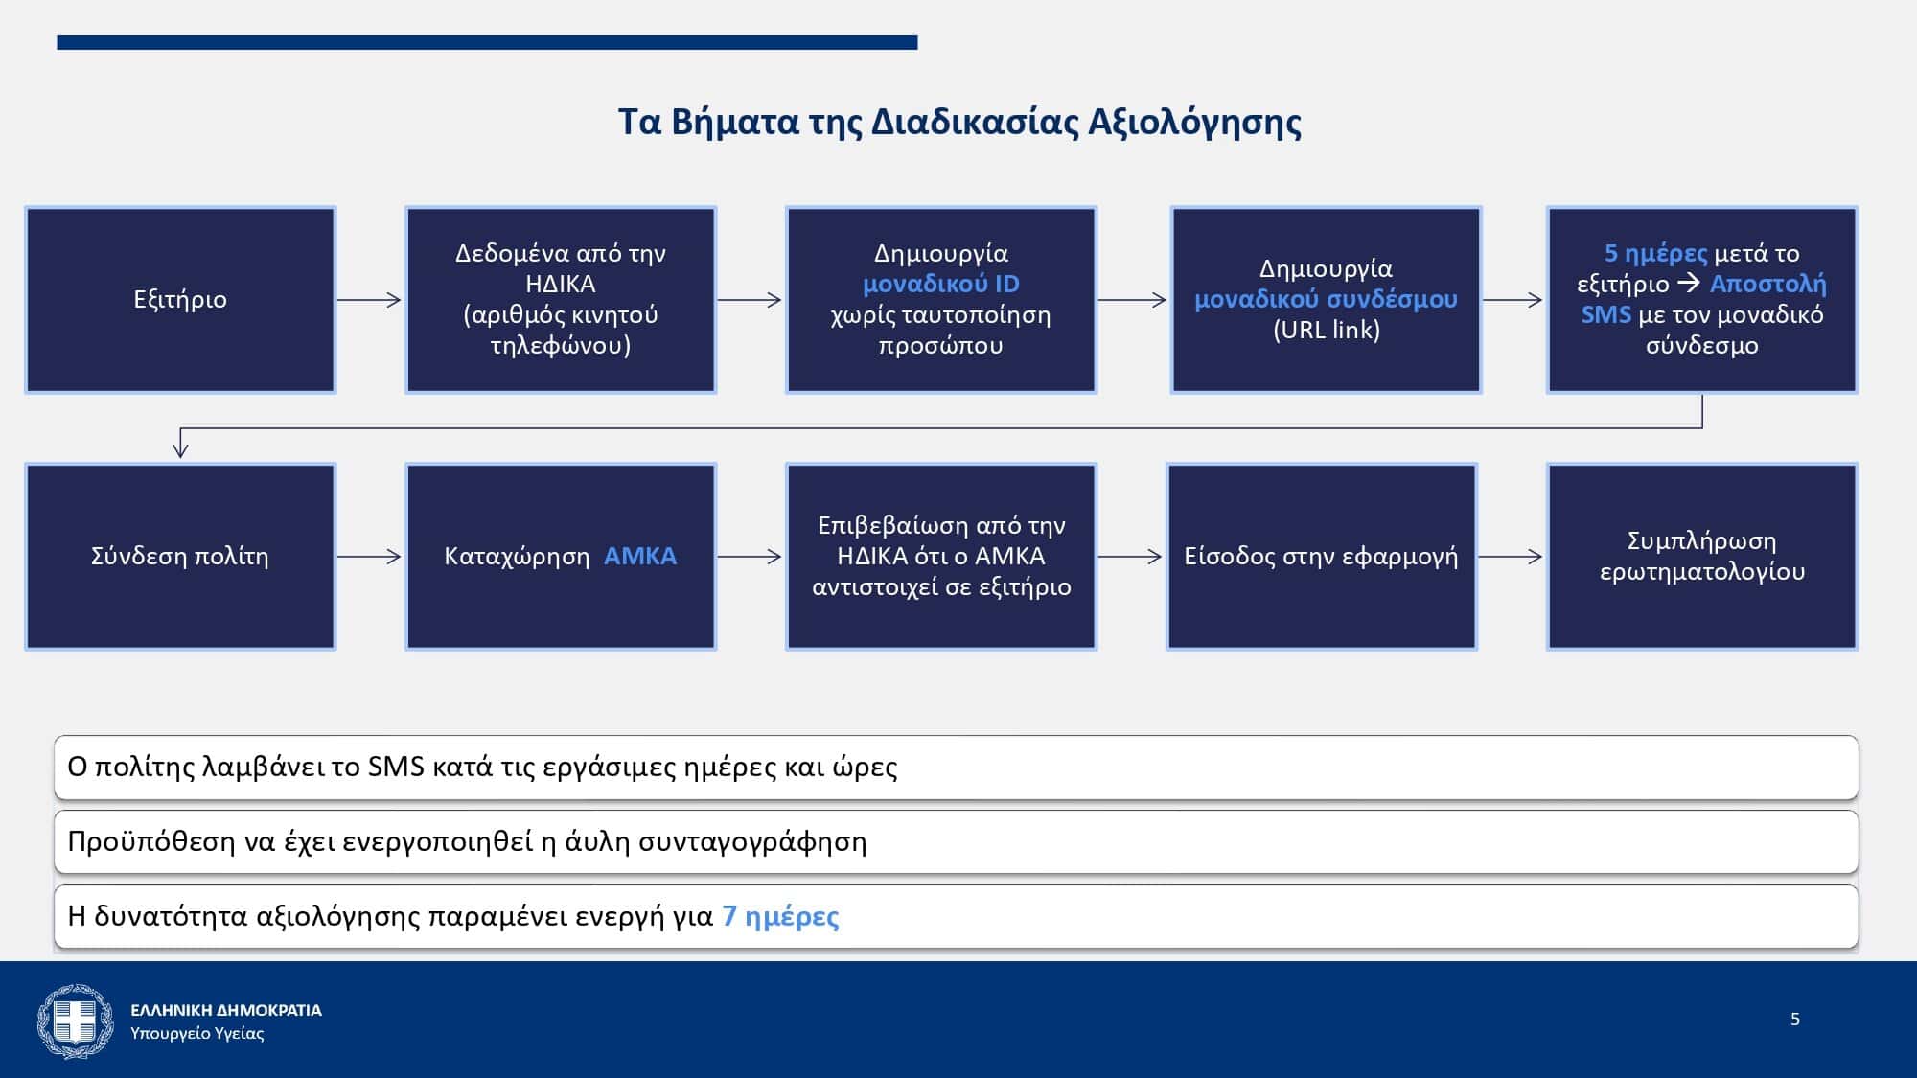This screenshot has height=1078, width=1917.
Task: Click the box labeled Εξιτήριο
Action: (180, 300)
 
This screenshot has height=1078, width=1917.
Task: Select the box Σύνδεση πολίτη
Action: (180, 557)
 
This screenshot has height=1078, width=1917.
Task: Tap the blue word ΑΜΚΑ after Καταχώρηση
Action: (640, 556)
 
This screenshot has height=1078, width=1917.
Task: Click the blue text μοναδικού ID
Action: (941, 284)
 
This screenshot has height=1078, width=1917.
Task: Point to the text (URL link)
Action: (1327, 330)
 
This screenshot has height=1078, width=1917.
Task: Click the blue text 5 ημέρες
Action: (1655, 253)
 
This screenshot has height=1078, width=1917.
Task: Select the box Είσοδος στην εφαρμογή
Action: (1322, 557)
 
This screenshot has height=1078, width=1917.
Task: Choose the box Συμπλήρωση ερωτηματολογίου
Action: (1702, 557)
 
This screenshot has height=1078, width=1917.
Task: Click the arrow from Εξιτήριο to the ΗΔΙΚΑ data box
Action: (369, 300)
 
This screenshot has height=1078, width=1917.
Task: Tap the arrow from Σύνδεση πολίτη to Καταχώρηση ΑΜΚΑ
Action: (369, 557)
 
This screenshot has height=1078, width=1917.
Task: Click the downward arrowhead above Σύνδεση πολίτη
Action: (180, 447)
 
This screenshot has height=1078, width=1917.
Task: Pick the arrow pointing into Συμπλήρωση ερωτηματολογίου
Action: (1511, 557)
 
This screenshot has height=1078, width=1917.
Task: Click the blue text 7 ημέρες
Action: (780, 917)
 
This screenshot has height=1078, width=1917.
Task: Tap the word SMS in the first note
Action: (396, 767)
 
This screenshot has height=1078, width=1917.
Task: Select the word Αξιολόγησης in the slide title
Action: (1194, 123)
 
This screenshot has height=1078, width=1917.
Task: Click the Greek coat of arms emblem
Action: (75, 1021)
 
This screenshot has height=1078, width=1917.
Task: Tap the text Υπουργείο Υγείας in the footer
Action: (197, 1034)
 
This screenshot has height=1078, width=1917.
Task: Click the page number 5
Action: (1795, 1020)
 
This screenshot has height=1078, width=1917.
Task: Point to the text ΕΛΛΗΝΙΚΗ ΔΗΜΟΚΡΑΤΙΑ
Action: (226, 1010)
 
